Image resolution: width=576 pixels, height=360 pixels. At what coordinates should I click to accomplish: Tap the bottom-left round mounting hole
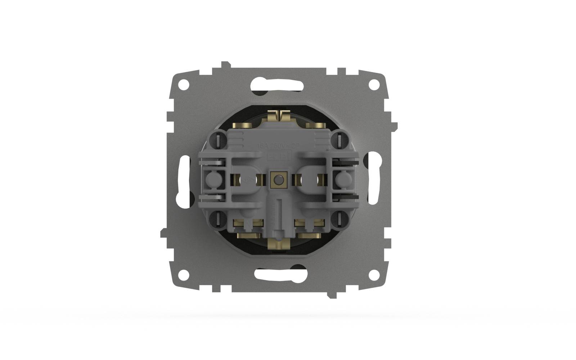(184, 274)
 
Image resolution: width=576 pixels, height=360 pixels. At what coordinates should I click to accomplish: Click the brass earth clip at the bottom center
(278, 244)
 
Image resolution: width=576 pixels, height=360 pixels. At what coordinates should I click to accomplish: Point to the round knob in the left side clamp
(212, 178)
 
